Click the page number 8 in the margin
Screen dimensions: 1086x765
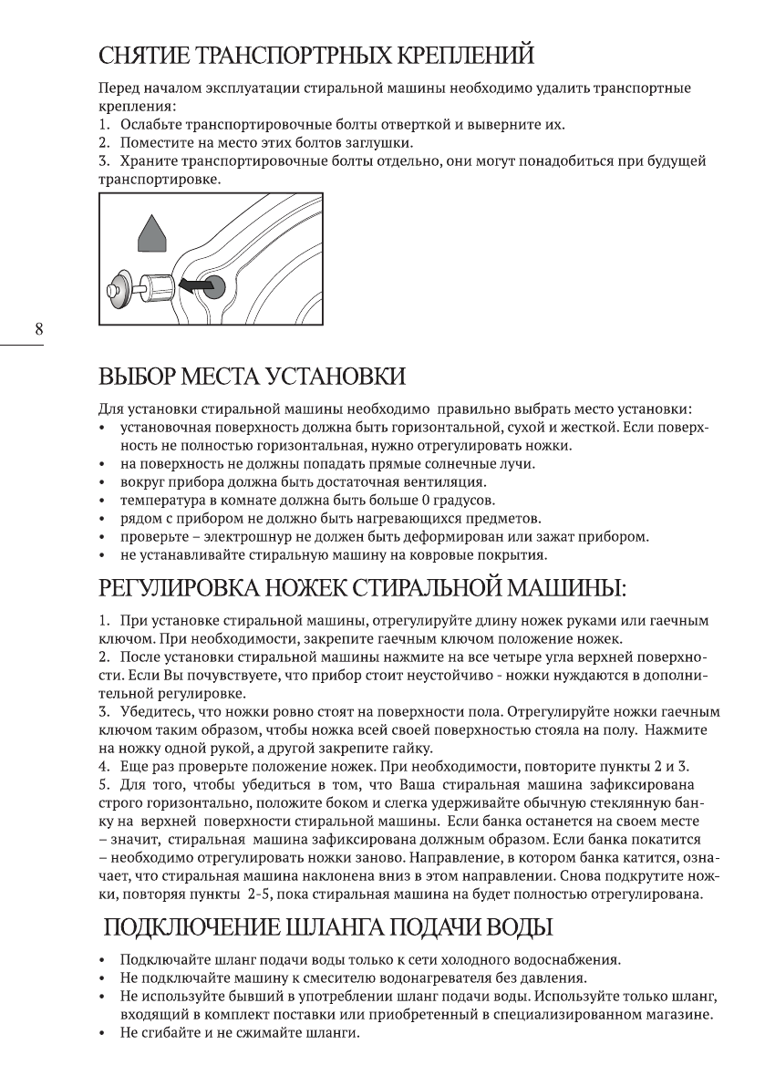(x=38, y=330)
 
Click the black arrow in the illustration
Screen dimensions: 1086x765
(x=190, y=286)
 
